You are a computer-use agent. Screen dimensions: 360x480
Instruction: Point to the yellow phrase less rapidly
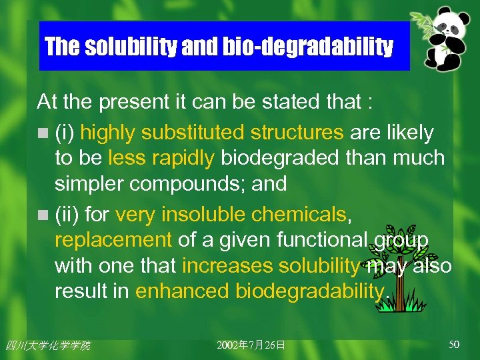[x=161, y=158]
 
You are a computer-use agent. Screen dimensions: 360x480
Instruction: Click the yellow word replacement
[x=113, y=239]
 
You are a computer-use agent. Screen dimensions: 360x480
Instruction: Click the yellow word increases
[x=227, y=265]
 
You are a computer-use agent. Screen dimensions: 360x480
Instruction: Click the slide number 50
[x=454, y=344]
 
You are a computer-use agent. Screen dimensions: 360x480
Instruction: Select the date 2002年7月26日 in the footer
[x=251, y=345]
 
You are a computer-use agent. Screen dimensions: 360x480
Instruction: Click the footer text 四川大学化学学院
[x=47, y=345]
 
